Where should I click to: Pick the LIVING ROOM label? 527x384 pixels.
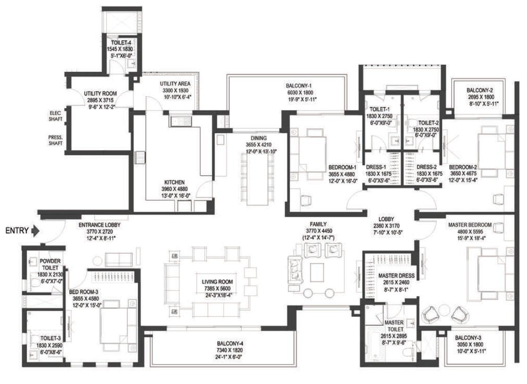tap(216, 282)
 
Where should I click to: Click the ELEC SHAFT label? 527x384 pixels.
tap(56, 116)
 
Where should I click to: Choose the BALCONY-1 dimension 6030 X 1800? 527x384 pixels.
tap(299, 93)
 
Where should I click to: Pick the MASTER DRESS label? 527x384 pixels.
tap(396, 275)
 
